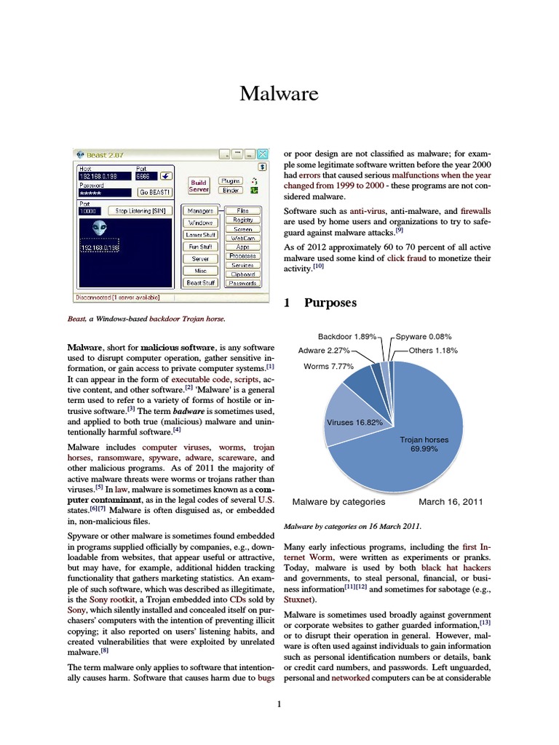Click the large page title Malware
tap(279, 94)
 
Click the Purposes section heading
tap(332, 303)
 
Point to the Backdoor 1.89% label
tap(347, 337)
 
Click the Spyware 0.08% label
tap(423, 337)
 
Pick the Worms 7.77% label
tap(328, 366)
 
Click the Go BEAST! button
tap(156, 192)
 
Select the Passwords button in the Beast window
tap(242, 283)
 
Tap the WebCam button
tap(242, 238)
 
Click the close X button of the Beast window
tap(263, 154)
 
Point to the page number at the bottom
tap(279, 704)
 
